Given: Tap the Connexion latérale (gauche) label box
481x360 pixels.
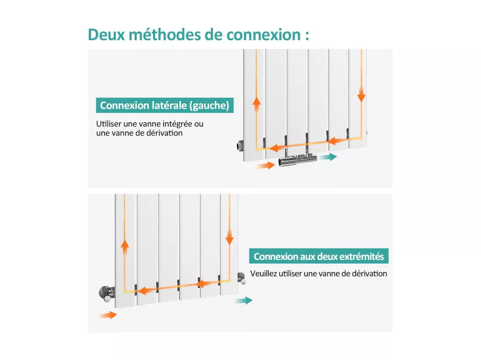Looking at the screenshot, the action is pos(165,105).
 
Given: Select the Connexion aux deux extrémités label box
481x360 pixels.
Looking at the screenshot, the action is pos(319,256).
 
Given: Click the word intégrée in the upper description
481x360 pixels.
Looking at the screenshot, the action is pos(177,124).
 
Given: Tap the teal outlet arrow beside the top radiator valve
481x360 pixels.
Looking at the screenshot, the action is pos(328,157).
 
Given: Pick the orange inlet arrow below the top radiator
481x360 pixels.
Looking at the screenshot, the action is pos(266,166).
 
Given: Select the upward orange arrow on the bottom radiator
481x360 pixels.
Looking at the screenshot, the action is pos(125,247).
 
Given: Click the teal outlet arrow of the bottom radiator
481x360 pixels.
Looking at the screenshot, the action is pos(243,301).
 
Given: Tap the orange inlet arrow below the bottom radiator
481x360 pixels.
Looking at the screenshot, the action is pos(108,315).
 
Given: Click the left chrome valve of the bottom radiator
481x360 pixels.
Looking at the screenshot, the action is pos(106,293).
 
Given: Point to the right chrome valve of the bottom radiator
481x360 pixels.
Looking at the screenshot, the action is pos(241,278).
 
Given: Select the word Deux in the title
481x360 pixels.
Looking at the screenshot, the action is pos(106,35).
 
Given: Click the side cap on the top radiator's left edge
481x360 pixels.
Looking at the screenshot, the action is pos(240,145).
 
